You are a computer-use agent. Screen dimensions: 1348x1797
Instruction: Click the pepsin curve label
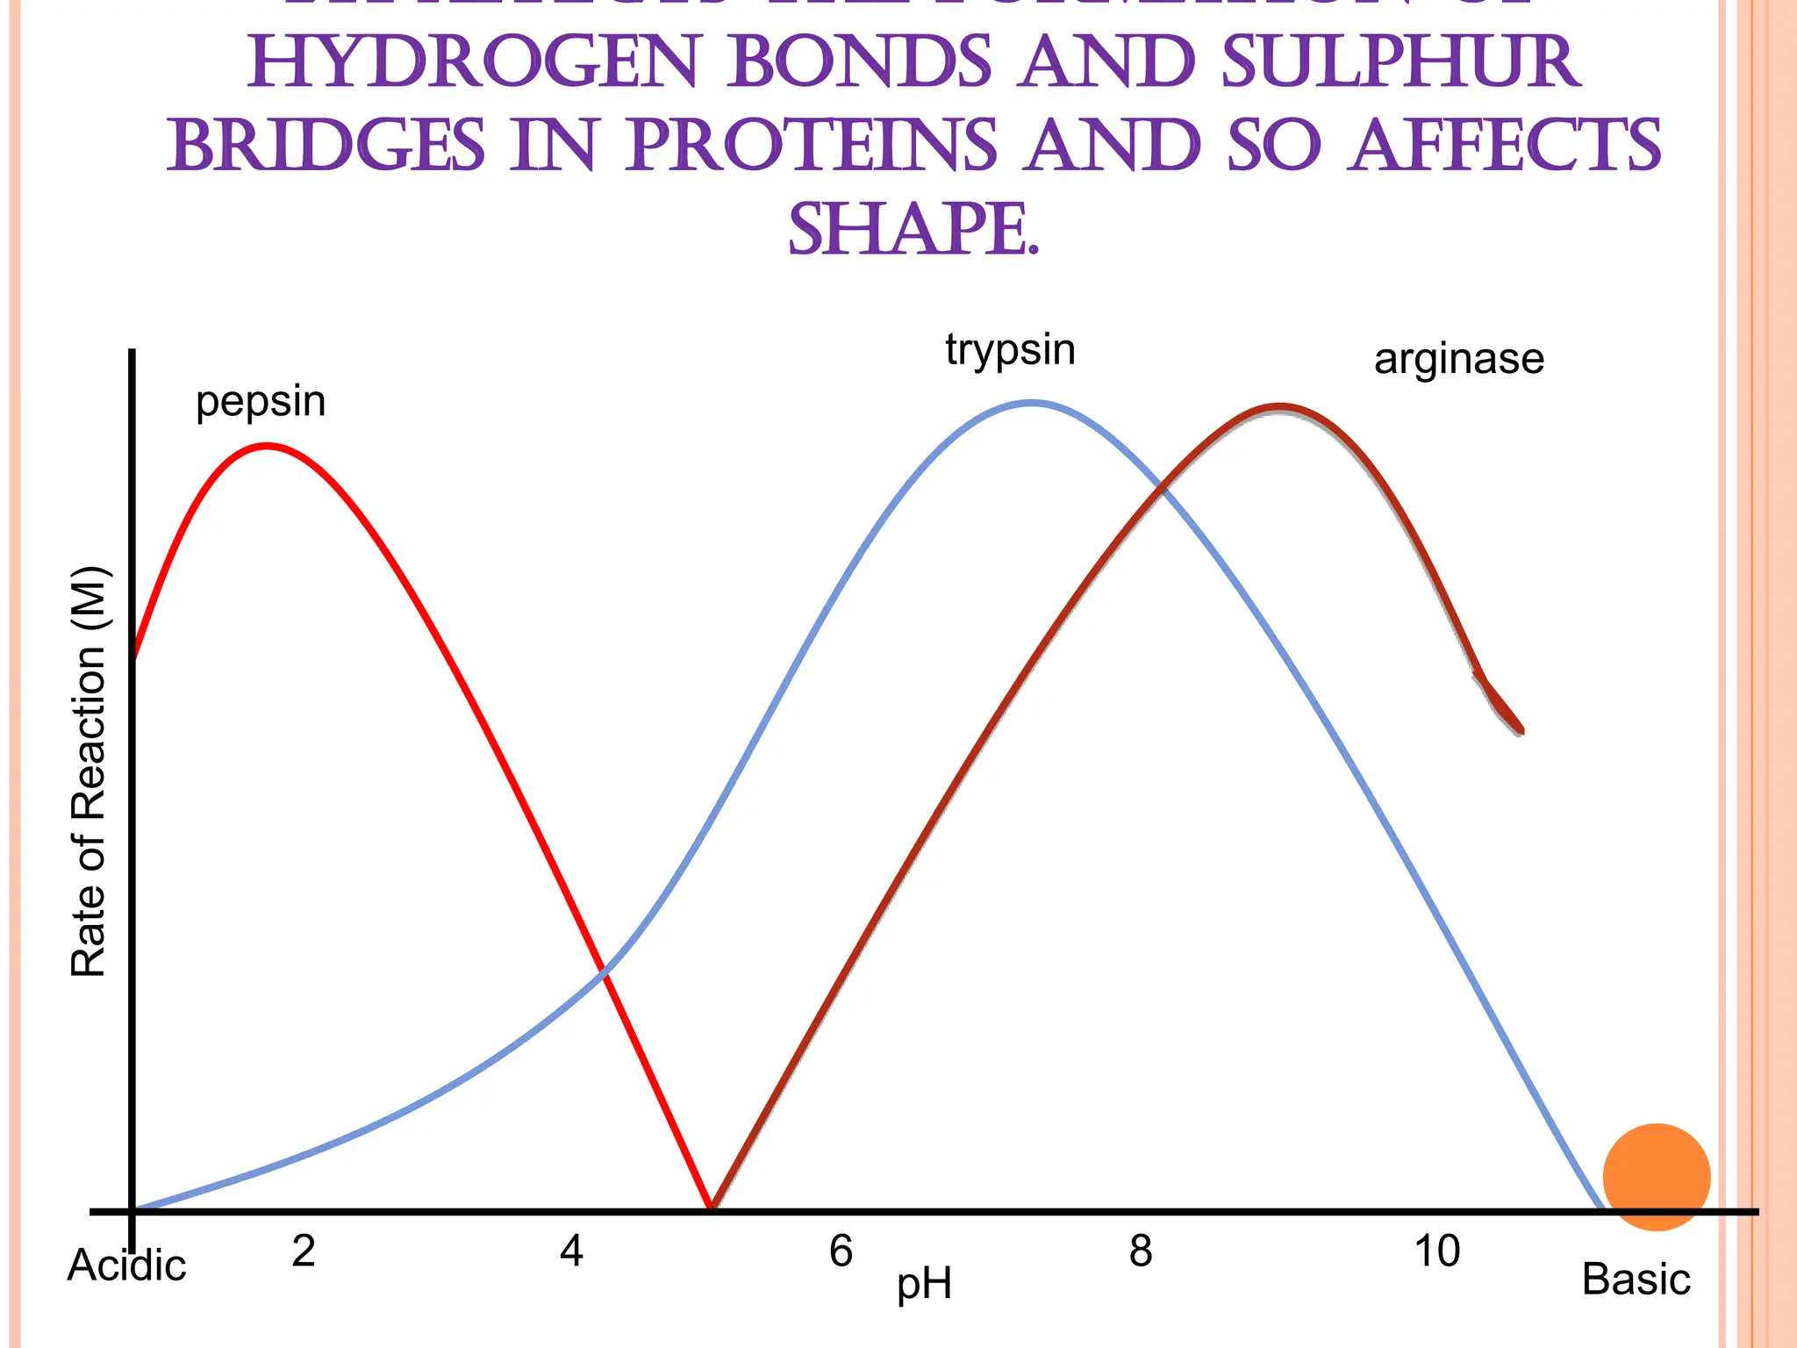(261, 403)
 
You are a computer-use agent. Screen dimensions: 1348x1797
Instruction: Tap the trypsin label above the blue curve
(1010, 350)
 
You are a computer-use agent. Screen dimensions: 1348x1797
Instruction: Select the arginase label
(1458, 359)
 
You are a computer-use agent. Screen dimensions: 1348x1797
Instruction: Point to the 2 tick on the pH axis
(304, 1251)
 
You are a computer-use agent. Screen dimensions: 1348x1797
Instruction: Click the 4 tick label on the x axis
(571, 1251)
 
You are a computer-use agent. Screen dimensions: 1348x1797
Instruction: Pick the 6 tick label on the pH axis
(841, 1251)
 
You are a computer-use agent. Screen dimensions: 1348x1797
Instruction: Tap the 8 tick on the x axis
(1140, 1251)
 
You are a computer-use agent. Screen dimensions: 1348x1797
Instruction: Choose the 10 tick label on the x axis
(1437, 1251)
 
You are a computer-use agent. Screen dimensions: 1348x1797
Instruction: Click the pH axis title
(924, 1285)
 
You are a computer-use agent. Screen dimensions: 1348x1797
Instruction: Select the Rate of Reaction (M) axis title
(89, 772)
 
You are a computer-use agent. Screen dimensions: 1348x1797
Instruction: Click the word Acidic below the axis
(127, 1266)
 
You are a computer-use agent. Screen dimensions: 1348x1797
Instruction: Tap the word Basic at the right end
(1636, 1280)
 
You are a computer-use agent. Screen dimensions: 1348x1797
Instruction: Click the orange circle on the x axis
(1657, 1177)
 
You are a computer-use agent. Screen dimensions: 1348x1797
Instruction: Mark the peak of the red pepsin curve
(267, 446)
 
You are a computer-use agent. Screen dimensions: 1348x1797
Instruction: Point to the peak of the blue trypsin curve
(1032, 403)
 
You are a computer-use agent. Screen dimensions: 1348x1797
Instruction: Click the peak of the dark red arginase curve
(1279, 407)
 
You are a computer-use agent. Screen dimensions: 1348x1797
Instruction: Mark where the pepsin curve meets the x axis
(712, 1208)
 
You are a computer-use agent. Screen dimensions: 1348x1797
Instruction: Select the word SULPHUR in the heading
(1400, 64)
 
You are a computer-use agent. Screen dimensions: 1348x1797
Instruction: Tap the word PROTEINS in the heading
(812, 146)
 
